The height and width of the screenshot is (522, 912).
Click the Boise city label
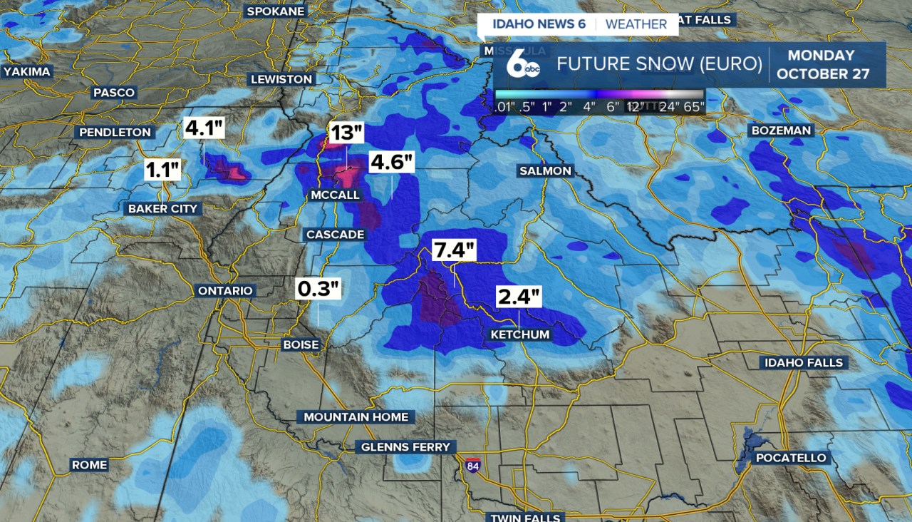301,344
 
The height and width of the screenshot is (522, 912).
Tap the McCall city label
335,195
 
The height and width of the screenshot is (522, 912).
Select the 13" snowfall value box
347,133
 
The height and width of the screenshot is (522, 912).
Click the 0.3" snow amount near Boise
318,289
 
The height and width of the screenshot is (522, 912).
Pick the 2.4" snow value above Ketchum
519,297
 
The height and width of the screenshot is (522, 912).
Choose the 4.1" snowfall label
204,128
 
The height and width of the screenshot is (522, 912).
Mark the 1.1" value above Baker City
163,170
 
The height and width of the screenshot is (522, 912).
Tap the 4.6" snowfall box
392,162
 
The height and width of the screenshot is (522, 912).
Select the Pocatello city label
791,458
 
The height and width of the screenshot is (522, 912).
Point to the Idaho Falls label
804,363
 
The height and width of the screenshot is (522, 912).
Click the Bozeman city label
781,130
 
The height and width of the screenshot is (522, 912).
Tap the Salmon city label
545,171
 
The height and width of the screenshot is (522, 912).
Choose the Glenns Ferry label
405,447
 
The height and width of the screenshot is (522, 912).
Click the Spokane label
276,11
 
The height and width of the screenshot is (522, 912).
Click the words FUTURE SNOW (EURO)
659,64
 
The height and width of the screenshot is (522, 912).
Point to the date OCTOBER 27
823,74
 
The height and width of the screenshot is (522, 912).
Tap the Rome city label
89,465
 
